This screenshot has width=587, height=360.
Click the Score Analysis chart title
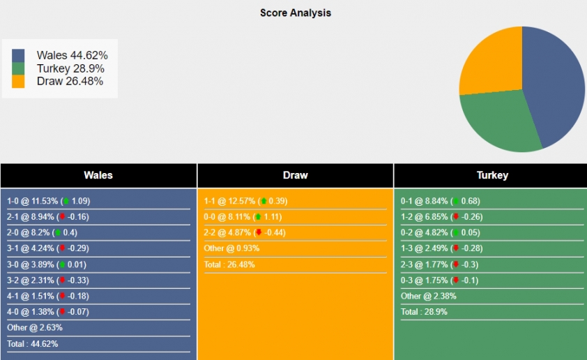[296, 13]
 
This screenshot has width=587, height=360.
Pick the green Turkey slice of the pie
[498, 120]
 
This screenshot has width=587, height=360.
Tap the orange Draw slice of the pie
[491, 63]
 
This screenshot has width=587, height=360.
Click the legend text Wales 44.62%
[72, 55]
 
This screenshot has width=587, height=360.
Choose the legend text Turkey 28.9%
[70, 68]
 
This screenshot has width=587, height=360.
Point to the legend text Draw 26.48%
[70, 81]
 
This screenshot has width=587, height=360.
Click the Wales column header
[98, 175]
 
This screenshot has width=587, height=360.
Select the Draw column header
[295, 175]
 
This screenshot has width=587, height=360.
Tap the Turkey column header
[492, 175]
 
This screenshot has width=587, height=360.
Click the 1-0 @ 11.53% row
[48, 201]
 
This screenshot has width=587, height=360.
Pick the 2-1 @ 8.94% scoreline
[47, 217]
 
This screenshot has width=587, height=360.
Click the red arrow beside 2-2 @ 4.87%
[259, 232]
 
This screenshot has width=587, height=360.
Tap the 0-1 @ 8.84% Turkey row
[440, 201]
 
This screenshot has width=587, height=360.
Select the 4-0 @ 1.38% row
[48, 312]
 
